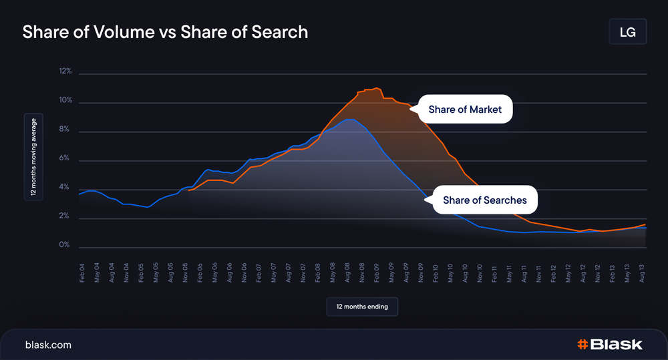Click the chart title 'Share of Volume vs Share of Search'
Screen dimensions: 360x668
click(165, 32)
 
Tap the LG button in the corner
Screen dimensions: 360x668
click(627, 32)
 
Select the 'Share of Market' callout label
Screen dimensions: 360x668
click(465, 110)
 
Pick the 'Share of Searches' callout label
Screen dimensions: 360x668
click(484, 200)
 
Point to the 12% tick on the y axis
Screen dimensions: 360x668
click(65, 71)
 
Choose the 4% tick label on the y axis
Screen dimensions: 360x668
click(65, 188)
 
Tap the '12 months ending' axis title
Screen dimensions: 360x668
click(362, 307)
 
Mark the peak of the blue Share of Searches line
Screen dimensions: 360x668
click(349, 120)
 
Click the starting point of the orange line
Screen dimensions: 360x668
click(189, 190)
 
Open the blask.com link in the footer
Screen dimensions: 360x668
click(48, 345)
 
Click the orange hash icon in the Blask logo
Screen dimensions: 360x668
click(582, 345)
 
